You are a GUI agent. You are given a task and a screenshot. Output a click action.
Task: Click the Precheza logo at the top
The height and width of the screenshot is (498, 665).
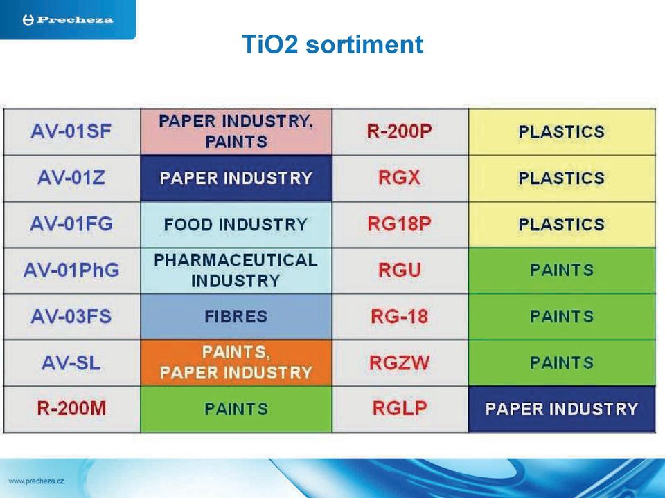point(68,20)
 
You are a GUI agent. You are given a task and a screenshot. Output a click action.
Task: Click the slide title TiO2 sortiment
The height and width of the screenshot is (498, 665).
point(332,44)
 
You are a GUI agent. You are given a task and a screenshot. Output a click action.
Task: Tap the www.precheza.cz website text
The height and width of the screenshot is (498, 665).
point(37,481)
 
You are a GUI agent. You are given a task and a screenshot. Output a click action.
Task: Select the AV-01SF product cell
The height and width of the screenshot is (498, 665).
point(71,131)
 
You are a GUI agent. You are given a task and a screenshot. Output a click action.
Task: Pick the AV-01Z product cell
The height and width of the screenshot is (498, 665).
point(71,178)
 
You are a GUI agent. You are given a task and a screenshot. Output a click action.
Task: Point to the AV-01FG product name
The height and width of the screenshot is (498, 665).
point(71,224)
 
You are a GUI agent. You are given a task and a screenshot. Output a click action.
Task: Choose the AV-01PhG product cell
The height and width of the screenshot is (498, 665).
point(71,270)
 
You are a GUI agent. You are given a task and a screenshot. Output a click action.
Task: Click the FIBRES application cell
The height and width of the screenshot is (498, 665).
point(236,316)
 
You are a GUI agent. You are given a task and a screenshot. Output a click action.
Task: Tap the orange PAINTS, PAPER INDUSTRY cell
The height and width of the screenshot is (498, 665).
point(236,362)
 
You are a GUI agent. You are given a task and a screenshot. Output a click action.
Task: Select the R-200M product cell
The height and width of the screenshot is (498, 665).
point(71,409)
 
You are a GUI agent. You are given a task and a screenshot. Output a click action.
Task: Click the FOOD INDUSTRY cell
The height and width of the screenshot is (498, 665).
point(236,224)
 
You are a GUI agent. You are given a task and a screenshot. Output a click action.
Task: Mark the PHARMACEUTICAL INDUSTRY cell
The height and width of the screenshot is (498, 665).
point(236,270)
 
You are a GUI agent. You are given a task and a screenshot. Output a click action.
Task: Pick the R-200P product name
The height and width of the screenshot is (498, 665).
point(400,131)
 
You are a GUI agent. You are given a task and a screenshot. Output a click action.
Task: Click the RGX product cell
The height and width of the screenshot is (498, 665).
point(400,178)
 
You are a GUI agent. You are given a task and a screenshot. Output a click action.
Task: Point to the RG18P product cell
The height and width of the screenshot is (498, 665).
point(400,224)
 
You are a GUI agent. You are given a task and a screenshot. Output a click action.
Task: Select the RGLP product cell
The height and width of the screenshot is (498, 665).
point(400,409)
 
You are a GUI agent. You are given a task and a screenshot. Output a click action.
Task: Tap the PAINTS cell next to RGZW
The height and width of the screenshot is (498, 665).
point(562,362)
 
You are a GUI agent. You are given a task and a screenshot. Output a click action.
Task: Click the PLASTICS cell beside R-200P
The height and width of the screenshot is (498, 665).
point(562,131)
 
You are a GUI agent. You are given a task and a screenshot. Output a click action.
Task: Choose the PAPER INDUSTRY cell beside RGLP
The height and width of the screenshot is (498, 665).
point(562,409)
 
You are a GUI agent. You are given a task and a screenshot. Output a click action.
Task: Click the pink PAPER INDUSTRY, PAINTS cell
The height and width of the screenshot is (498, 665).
point(236,131)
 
